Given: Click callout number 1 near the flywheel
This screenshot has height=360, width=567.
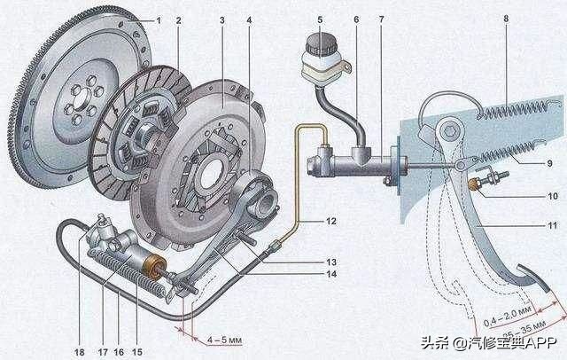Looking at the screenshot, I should tap(159, 19).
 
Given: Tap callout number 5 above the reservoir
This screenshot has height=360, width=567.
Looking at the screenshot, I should tap(321, 19).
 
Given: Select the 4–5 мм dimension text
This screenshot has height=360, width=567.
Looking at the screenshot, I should tap(217, 337).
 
